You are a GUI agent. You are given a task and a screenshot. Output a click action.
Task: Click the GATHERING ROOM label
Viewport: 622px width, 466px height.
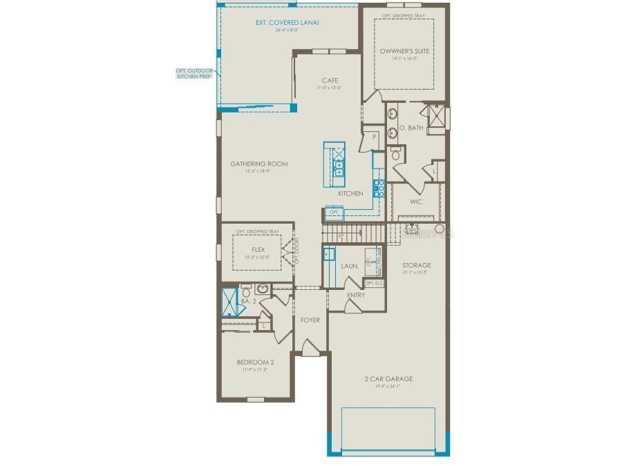pos(258,164)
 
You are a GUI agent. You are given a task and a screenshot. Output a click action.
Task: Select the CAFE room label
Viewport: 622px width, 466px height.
pos(329,80)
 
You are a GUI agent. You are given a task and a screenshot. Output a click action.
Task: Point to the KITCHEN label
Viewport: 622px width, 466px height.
pos(350,193)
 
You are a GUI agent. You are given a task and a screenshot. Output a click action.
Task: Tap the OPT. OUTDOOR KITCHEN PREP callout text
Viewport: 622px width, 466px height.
pos(194,74)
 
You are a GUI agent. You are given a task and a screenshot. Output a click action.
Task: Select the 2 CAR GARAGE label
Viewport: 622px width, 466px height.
pos(388,378)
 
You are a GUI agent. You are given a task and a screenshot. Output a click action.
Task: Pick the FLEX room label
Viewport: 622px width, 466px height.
pos(258,250)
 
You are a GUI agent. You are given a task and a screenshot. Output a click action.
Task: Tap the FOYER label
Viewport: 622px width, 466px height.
pos(309,320)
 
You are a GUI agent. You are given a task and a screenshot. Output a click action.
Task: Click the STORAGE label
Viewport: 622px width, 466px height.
pos(417,265)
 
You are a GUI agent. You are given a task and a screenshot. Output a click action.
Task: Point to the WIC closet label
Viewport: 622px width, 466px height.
pos(416,202)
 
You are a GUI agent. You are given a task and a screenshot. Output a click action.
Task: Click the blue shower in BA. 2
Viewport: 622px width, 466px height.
pos(229,301)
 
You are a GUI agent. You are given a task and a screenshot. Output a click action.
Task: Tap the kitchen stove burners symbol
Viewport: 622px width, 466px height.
pos(379,188)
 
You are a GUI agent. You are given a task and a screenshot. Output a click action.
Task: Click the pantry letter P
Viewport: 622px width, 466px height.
pos(374,137)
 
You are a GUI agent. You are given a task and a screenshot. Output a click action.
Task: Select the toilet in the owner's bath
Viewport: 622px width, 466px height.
pos(396,154)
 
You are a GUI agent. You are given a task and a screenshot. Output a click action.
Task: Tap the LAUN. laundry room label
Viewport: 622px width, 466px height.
pos(350,266)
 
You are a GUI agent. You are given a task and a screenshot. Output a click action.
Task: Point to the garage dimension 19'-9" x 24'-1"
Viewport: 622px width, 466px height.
pos(388,387)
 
